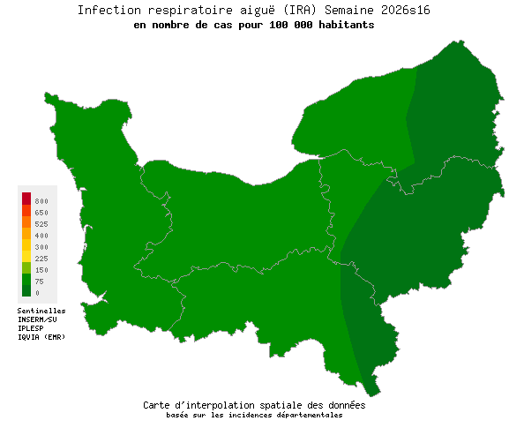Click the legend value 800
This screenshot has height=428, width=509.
click(x=41, y=202)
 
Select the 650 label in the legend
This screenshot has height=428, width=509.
click(x=41, y=214)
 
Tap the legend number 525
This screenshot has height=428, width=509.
click(x=41, y=225)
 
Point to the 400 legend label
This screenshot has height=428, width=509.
click(x=41, y=237)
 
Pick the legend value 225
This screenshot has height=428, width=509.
click(x=41, y=259)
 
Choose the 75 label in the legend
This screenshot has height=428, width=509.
click(x=40, y=282)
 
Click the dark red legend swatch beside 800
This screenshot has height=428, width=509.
click(x=26, y=199)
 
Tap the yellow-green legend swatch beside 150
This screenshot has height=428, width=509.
click(x=26, y=268)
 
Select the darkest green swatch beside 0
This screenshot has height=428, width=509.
click(x=26, y=290)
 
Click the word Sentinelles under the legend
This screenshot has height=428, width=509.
click(x=41, y=311)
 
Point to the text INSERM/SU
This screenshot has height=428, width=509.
click(x=37, y=319)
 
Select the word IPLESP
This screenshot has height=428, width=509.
click(x=31, y=328)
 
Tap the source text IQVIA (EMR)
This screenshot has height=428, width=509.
click(x=41, y=337)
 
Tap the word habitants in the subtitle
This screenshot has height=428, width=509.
click(x=344, y=26)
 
